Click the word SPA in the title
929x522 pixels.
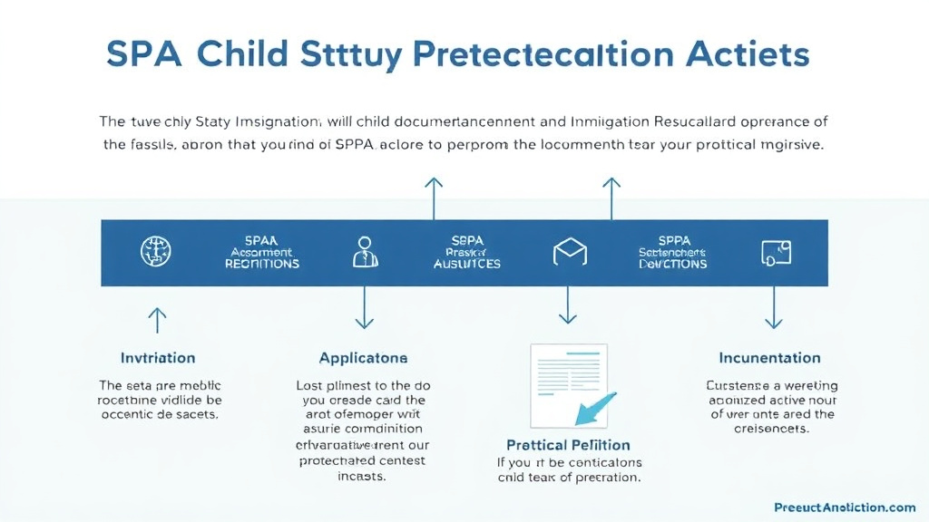pos(142,54)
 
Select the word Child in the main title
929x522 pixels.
pos(245,54)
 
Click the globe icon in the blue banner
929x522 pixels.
pos(156,251)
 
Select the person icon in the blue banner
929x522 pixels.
pos(364,251)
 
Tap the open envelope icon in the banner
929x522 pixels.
pos(568,252)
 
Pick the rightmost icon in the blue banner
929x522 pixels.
pos(773,252)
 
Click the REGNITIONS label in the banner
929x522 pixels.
pos(261,264)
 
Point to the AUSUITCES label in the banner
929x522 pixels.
pos(466,264)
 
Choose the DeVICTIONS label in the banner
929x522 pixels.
pos(672,264)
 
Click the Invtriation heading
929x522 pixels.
pos(158,358)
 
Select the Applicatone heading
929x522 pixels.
pos(363,358)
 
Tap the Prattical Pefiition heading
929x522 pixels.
pos(568,445)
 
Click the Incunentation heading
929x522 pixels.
pos(769,358)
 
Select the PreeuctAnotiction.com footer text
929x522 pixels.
pos(845,507)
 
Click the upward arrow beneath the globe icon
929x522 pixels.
pos(157,318)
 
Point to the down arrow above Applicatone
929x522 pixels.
pos(364,308)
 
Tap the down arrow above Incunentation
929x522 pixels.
pos(773,308)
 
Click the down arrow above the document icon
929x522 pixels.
pos(568,305)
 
